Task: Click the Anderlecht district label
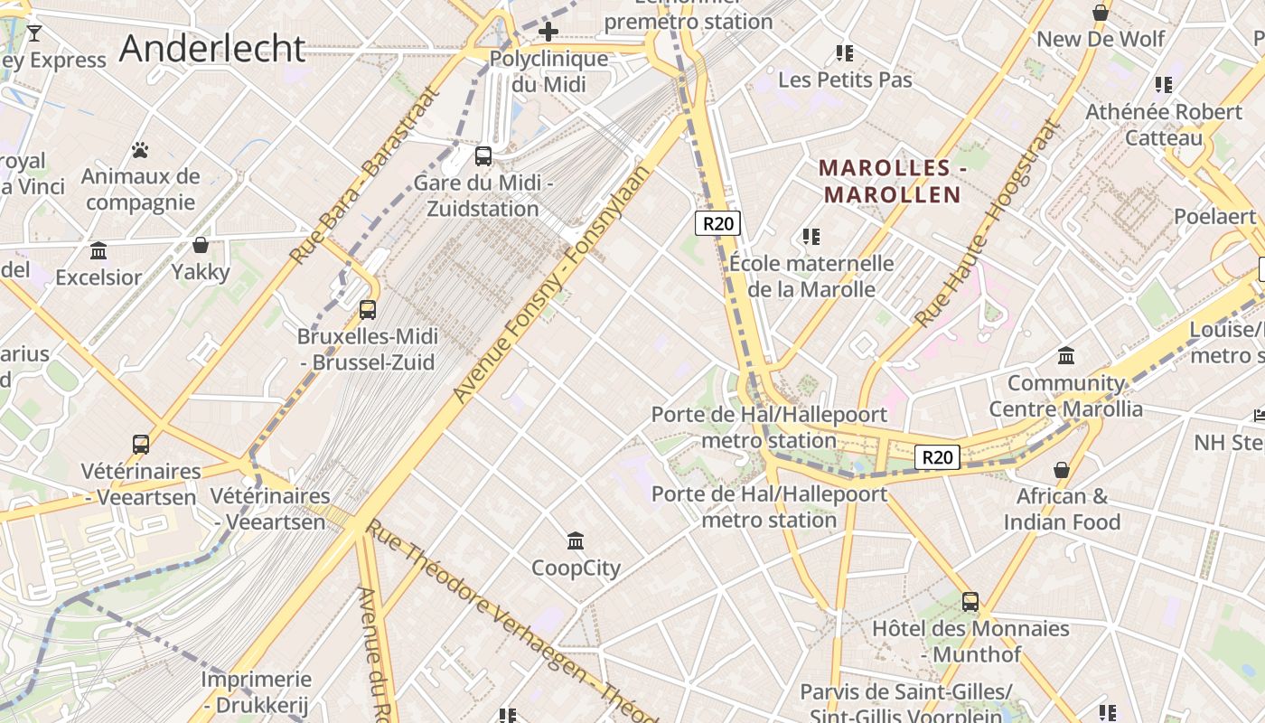(x=212, y=48)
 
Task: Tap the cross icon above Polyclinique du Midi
(x=548, y=33)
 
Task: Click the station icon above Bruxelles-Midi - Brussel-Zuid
(x=368, y=310)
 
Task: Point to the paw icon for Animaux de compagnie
(x=140, y=150)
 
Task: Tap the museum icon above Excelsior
(x=98, y=250)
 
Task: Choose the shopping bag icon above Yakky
(x=201, y=245)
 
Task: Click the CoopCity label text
(x=576, y=568)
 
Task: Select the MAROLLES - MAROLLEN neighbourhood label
(x=892, y=181)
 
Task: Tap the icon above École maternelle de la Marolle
(x=811, y=237)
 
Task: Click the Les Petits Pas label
(x=845, y=80)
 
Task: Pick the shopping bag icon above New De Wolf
(x=1101, y=13)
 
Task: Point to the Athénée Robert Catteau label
(x=1164, y=125)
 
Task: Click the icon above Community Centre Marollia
(x=1066, y=356)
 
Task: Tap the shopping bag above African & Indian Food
(x=1062, y=470)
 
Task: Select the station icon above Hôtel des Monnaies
(x=970, y=602)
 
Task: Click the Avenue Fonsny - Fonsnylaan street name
(x=551, y=284)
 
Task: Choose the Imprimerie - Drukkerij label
(x=256, y=691)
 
